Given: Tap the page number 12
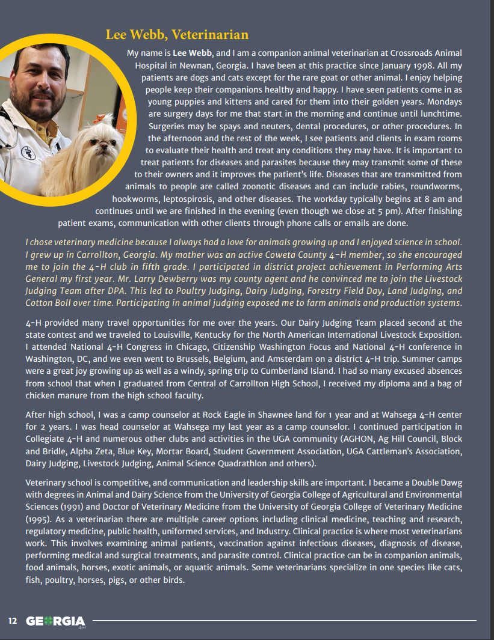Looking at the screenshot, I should pos(13,621).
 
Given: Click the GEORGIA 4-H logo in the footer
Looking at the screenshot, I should pos(56,621).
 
